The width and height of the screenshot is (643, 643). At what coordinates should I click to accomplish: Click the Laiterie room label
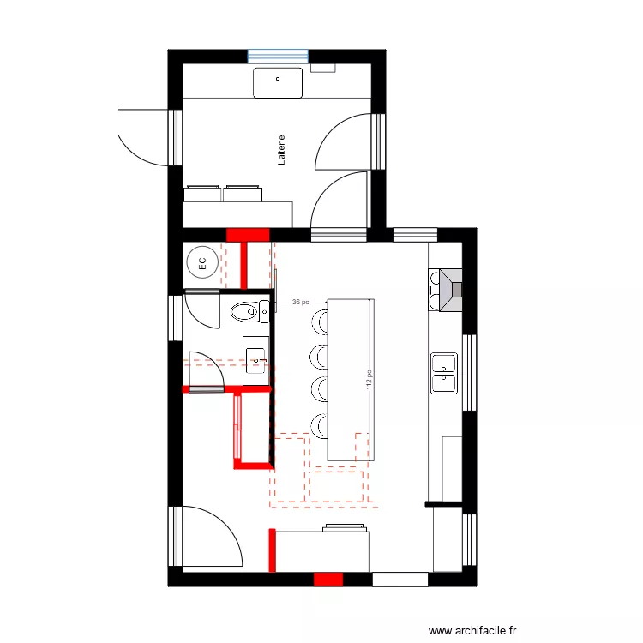[281, 149]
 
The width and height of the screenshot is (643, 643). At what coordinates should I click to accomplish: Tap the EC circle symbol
[202, 263]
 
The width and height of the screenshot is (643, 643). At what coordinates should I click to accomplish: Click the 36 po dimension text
[300, 302]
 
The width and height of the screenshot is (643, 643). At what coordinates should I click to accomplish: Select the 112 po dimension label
[369, 380]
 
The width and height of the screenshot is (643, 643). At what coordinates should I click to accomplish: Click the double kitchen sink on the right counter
[443, 373]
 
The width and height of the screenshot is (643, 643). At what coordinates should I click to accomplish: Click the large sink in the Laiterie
[278, 83]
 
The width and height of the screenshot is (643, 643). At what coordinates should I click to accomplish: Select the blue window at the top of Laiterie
[278, 56]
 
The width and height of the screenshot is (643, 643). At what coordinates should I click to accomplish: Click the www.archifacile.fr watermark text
[473, 630]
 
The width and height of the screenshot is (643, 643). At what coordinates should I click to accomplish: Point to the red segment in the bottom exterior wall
[328, 580]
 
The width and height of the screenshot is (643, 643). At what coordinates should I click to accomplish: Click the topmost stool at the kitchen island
[318, 321]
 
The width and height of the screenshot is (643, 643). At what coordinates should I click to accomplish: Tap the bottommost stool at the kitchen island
[318, 425]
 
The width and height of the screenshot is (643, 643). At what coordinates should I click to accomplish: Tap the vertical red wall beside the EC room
[244, 266]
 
